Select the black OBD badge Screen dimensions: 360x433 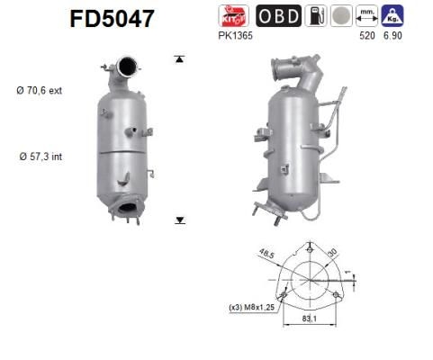(x=279, y=15)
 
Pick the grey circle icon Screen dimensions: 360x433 (x=340, y=15)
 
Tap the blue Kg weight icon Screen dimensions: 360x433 (x=392, y=15)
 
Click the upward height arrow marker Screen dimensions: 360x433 (x=179, y=59)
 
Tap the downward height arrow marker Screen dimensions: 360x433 (x=179, y=219)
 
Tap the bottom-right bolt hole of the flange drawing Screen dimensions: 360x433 (x=336, y=294)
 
